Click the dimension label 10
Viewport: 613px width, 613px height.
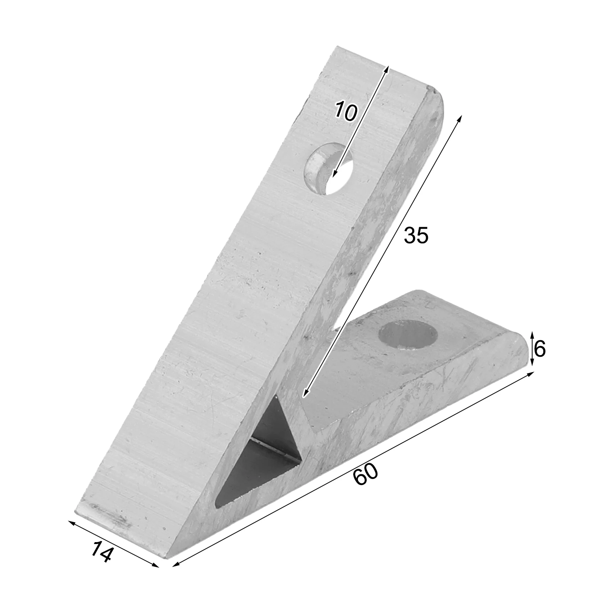tap(346, 111)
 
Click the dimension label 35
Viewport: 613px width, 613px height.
tap(416, 235)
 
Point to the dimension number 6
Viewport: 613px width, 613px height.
tap(539, 349)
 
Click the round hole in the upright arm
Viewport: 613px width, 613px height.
tap(329, 169)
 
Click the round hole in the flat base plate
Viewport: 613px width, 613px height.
tap(408, 334)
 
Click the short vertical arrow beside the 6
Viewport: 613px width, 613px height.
tap(532, 349)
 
